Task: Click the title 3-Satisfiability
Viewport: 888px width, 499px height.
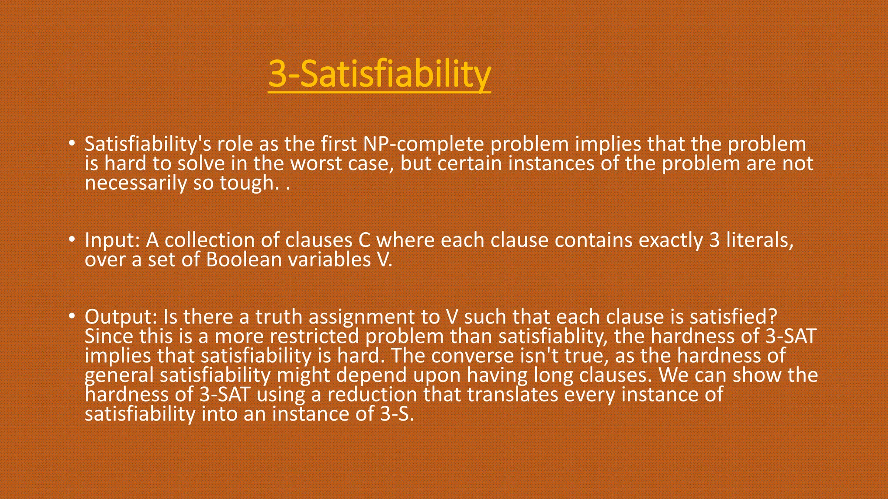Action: click(x=379, y=74)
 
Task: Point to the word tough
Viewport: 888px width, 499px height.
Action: click(x=249, y=183)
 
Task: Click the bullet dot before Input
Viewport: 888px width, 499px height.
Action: click(x=72, y=239)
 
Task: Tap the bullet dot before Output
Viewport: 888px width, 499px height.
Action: click(x=72, y=316)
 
